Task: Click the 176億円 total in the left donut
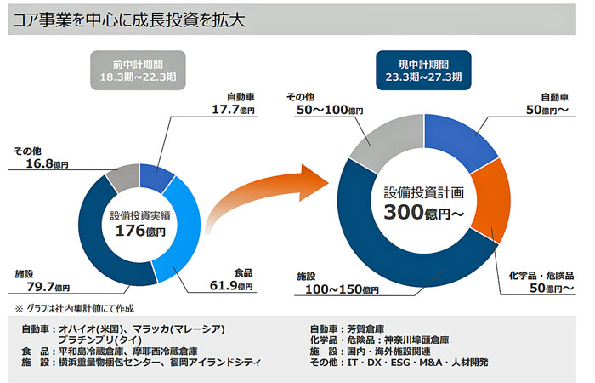(139, 230)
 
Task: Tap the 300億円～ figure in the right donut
(423, 212)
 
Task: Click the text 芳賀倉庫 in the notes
(367, 329)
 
